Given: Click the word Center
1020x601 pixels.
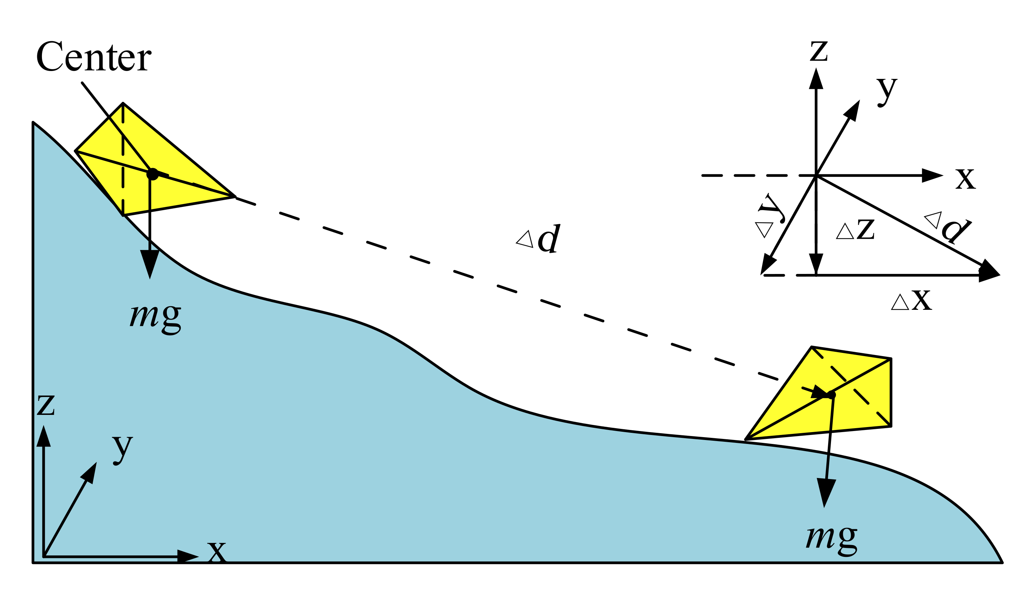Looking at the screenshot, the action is pos(94,57).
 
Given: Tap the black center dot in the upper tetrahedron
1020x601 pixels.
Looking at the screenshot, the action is pos(152,174).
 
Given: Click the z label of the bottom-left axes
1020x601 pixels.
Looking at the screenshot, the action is pos(46,406).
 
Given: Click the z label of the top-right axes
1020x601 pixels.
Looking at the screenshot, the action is pos(818,51).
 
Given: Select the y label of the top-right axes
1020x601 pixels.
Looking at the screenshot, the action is pos(887,92).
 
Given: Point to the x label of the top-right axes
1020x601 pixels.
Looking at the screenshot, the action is pos(966,179).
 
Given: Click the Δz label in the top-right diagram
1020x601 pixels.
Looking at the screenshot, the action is pos(855,230).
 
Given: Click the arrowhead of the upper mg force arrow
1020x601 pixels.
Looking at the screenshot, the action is pos(150,263).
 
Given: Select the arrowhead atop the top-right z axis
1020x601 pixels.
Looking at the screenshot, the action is pos(816,79).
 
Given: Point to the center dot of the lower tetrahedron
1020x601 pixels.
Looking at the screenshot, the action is pos(831,395).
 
